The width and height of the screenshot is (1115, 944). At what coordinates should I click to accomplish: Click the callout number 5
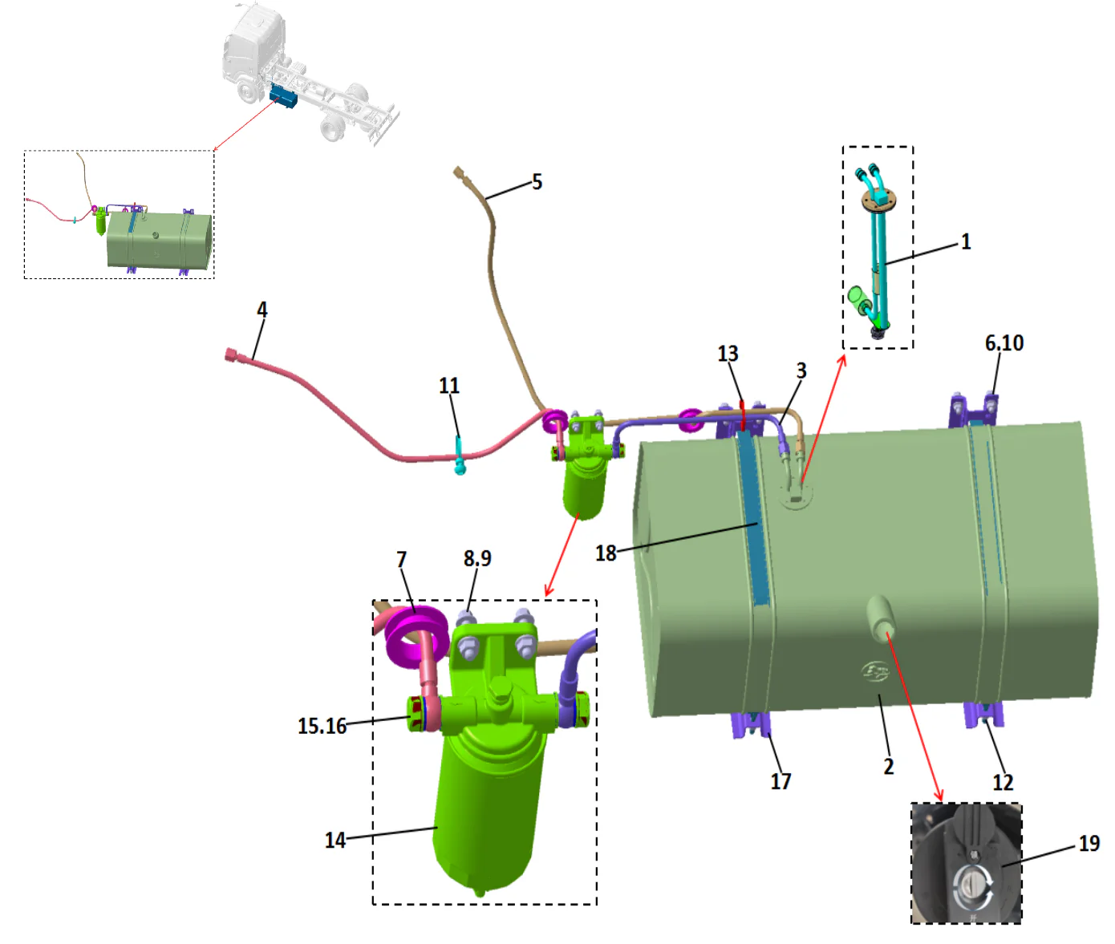(x=537, y=182)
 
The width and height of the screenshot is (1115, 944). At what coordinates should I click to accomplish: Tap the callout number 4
(x=262, y=310)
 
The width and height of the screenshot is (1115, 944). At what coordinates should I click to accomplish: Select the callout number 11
(x=449, y=386)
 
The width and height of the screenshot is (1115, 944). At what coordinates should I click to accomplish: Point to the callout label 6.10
(x=1004, y=343)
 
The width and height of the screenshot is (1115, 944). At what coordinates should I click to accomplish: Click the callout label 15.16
(x=322, y=726)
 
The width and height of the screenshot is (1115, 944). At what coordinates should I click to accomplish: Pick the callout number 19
(x=1089, y=844)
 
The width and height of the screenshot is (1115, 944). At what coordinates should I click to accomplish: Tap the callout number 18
(x=606, y=553)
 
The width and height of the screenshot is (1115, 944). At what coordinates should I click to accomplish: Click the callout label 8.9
(x=477, y=558)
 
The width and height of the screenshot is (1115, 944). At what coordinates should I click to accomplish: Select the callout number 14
(x=334, y=840)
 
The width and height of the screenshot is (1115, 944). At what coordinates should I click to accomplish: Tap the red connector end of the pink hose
(x=232, y=353)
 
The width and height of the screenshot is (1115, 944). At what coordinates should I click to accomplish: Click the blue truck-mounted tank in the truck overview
(x=283, y=97)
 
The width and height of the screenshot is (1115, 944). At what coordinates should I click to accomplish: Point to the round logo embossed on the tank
(x=875, y=671)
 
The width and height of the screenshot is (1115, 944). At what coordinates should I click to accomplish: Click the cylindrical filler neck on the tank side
(x=879, y=616)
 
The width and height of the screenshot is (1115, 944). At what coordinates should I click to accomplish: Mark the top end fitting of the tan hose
(x=459, y=172)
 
